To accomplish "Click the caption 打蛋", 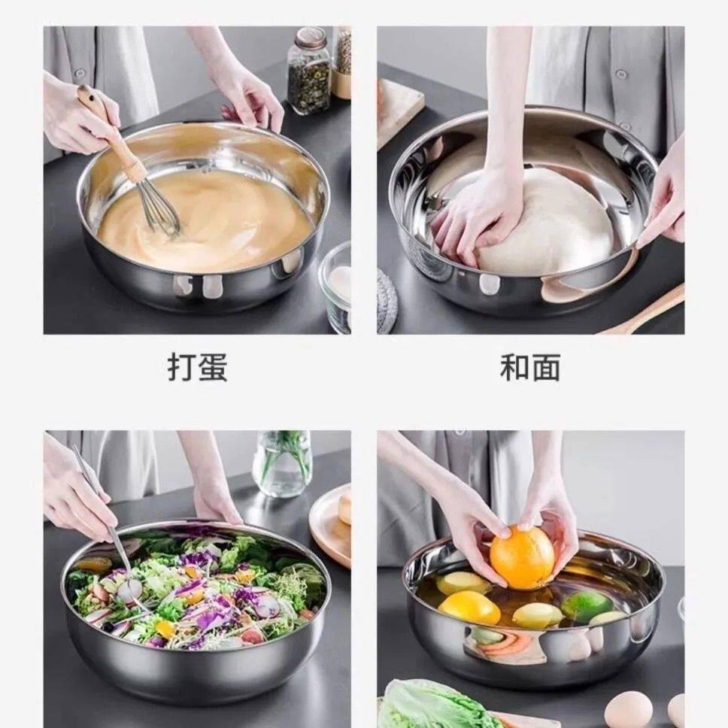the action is (x=197, y=367).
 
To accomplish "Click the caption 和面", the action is (x=530, y=367).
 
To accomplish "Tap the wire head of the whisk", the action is (x=161, y=209).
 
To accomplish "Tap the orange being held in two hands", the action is (x=522, y=557).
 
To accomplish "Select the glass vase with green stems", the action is (x=282, y=464).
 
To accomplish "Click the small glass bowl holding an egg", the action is (x=335, y=288).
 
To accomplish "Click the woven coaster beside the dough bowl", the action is (x=387, y=301).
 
